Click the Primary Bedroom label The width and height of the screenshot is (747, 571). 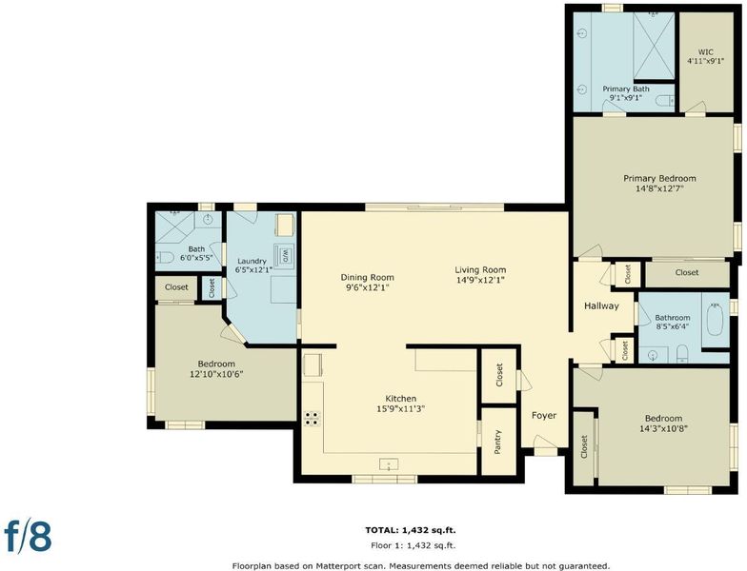pyautogui.click(x=659, y=179)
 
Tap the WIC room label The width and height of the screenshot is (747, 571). pyautogui.click(x=705, y=51)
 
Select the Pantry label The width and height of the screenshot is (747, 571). pyautogui.click(x=497, y=442)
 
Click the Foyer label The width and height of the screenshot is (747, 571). pyautogui.click(x=544, y=415)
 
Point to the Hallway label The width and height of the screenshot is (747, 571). pyautogui.click(x=601, y=306)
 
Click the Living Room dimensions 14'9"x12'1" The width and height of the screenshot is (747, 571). pyautogui.click(x=480, y=280)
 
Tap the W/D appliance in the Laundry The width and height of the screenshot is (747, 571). pyautogui.click(x=284, y=255)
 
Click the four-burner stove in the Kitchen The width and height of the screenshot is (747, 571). pyautogui.click(x=313, y=419)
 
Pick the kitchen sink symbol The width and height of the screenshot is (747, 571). pyautogui.click(x=389, y=464)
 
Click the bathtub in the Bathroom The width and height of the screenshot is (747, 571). pyautogui.click(x=715, y=319)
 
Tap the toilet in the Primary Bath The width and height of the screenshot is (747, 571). pyautogui.click(x=665, y=101)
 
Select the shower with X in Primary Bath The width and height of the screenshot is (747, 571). pyautogui.click(x=654, y=46)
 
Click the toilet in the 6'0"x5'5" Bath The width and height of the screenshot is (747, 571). pyautogui.click(x=165, y=258)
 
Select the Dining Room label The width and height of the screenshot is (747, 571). pyautogui.click(x=368, y=278)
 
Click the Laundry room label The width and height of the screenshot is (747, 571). pyautogui.click(x=252, y=261)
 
